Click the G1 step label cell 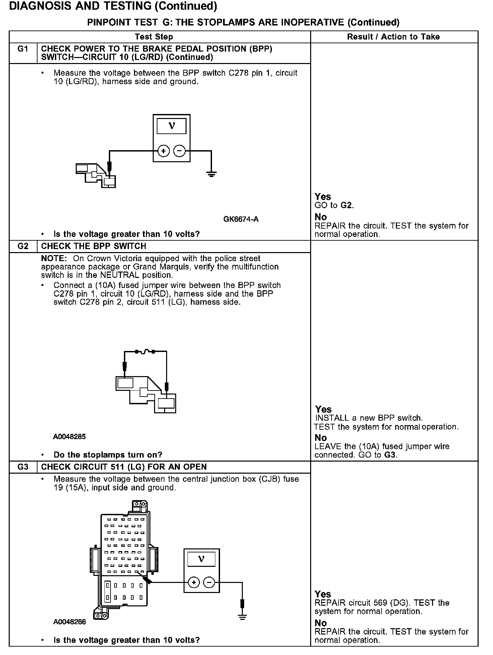23,49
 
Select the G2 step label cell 23,246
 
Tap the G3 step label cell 23,467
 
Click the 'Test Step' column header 154,37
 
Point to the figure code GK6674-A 241,219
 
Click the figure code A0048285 69,437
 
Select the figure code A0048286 69,622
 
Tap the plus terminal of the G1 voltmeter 163,152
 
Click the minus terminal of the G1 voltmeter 180,152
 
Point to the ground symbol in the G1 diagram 211,174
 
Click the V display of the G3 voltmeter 201,559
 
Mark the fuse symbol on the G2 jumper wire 145,352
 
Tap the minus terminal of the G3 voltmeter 209,583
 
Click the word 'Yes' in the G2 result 323,409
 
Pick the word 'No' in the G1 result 321,217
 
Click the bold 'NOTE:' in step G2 54,258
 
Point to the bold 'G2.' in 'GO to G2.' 347,205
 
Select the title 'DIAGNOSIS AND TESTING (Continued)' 113,6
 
